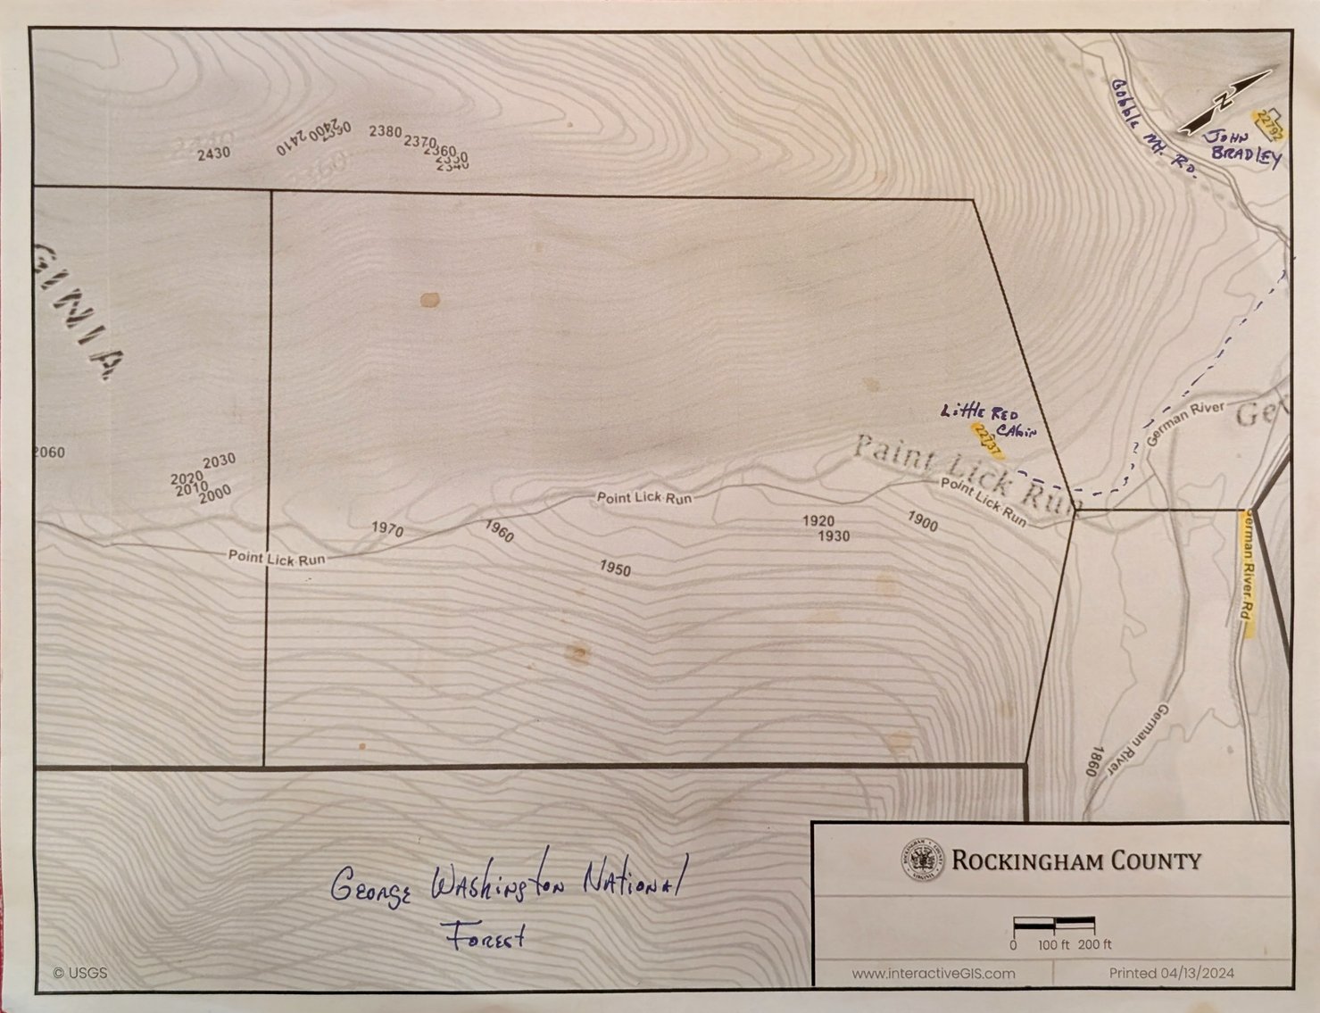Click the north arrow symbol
pyautogui.click(x=1225, y=103)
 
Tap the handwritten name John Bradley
pyautogui.click(x=1243, y=148)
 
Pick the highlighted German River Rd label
pyautogui.click(x=1249, y=571)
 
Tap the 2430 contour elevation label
pyautogui.click(x=213, y=154)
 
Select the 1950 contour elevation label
pyautogui.click(x=615, y=569)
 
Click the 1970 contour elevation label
pyautogui.click(x=387, y=528)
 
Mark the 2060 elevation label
pyautogui.click(x=49, y=453)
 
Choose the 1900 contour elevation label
pyautogui.click(x=923, y=521)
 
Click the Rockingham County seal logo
pyautogui.click(x=922, y=860)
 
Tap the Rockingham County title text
pyautogui.click(x=1075, y=861)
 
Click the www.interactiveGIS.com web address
pyautogui.click(x=933, y=974)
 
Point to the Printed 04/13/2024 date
pyautogui.click(x=1171, y=974)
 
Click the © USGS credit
pyautogui.click(x=80, y=973)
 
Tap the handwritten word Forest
pyautogui.click(x=484, y=936)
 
